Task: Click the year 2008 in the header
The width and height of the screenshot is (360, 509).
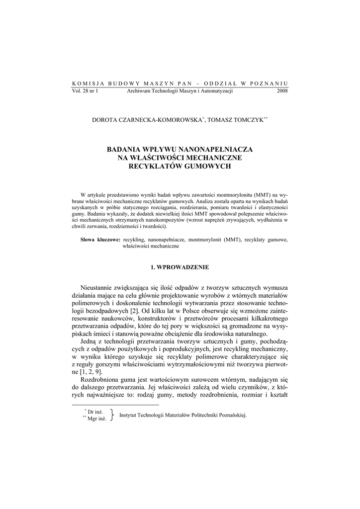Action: pos(282,91)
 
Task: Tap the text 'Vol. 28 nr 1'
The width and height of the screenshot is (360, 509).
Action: pos(85,91)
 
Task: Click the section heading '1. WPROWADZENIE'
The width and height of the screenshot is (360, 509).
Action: pos(180,267)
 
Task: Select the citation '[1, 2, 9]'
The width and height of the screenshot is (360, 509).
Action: pos(91,372)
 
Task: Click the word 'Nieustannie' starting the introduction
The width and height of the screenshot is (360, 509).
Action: pos(98,288)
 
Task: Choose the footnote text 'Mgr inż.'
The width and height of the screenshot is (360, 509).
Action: pos(97,419)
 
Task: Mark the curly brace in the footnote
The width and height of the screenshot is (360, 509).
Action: pos(114,415)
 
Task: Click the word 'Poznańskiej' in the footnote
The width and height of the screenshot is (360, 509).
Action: pos(232,415)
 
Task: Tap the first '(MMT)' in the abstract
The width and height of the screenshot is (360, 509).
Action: pos(262,193)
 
